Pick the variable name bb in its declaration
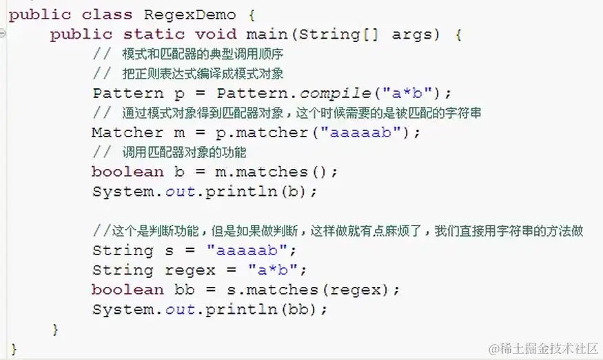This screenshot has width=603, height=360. coord(185,290)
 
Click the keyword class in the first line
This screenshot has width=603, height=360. coord(102,14)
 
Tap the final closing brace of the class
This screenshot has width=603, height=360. coord(14,348)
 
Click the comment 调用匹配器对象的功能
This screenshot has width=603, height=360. coord(183,152)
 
